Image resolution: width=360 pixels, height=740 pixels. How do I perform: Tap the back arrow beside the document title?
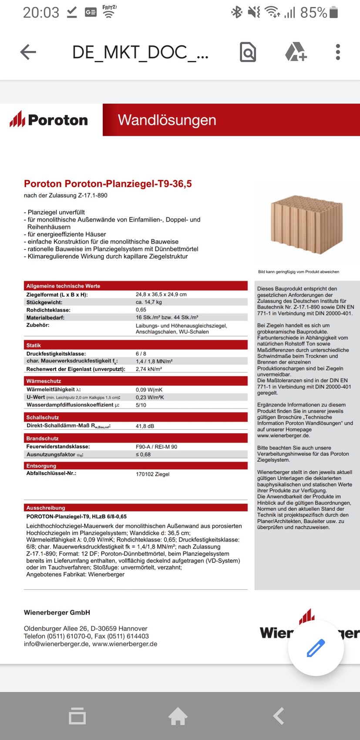point(28,52)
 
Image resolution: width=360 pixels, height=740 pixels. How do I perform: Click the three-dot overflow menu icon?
point(338,52)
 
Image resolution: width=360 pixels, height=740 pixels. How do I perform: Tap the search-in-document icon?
point(248,52)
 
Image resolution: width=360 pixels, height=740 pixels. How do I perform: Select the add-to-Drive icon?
point(296,52)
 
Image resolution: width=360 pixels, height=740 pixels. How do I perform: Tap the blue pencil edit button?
point(316,648)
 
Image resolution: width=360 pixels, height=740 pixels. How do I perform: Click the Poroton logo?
point(49,120)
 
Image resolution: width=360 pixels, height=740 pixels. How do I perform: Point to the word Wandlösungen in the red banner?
point(167,120)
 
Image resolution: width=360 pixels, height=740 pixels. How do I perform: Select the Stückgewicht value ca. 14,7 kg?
point(148,302)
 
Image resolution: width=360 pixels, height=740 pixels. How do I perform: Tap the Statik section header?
point(34,345)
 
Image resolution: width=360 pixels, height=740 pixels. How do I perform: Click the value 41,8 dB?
point(145,426)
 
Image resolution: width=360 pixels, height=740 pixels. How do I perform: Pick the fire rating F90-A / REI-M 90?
point(156,447)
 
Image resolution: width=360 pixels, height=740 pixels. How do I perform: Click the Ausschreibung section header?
point(46,508)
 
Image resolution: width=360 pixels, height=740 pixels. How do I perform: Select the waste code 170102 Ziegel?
point(152,474)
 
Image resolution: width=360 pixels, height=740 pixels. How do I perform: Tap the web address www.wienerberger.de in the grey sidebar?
point(283,435)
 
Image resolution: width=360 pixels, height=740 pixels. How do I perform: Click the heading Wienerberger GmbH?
point(57,612)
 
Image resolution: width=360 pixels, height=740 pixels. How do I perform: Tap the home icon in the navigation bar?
point(178,716)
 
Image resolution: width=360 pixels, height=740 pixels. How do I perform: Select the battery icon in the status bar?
point(334,12)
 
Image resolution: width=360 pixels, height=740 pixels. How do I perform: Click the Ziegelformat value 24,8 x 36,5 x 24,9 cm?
point(161,294)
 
